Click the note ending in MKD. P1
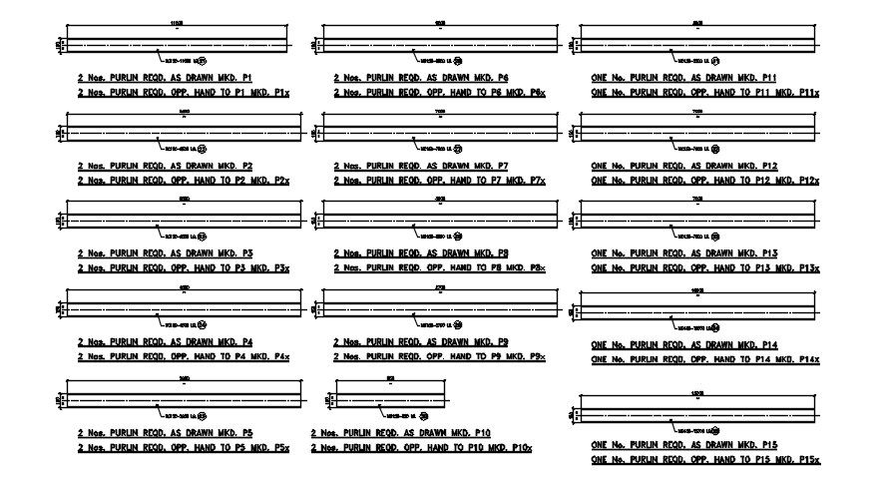tap(164, 77)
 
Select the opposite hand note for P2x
tap(184, 181)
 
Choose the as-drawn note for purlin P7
tap(421, 166)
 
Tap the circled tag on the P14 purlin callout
tap(714, 327)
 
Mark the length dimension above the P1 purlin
tap(178, 23)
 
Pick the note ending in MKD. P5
tap(164, 433)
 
